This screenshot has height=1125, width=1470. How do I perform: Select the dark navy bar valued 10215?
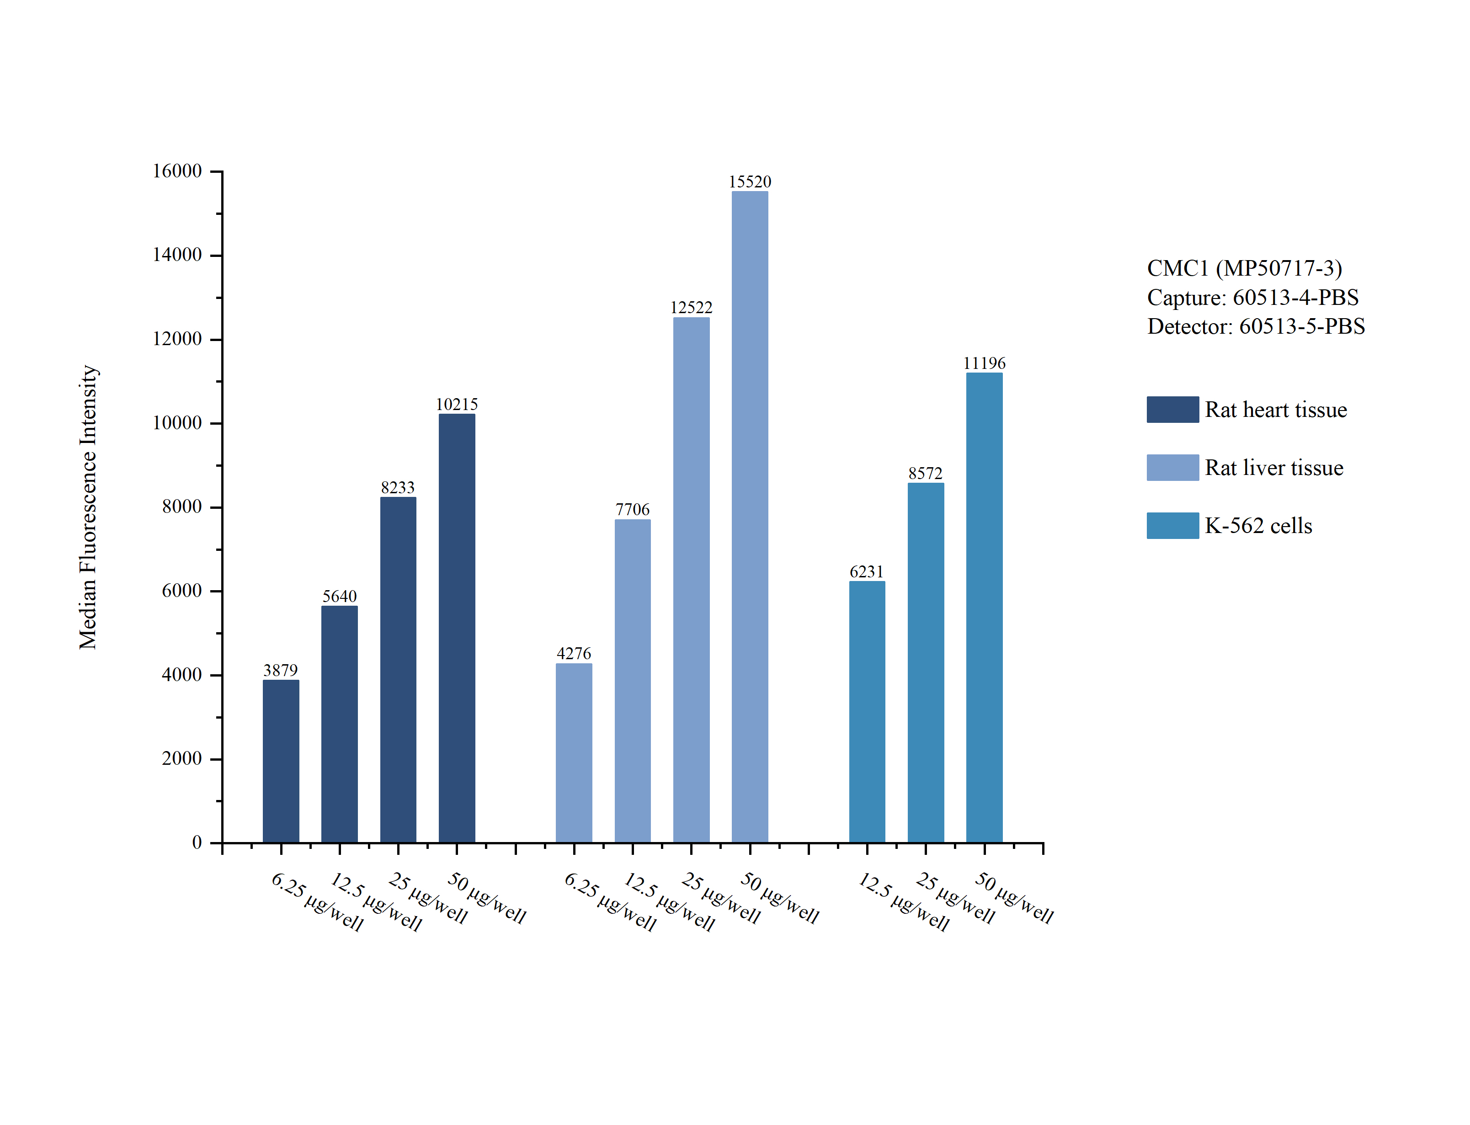pyautogui.click(x=457, y=628)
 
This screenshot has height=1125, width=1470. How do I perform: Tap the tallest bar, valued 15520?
pyautogui.click(x=750, y=517)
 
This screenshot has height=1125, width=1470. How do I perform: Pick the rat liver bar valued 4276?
pyautogui.click(x=574, y=753)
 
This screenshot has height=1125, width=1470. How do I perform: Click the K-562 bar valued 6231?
pyautogui.click(x=867, y=712)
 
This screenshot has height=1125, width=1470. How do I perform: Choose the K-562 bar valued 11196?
pyautogui.click(x=984, y=608)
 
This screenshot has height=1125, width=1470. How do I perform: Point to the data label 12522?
pyautogui.click(x=692, y=307)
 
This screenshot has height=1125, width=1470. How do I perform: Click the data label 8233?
pyautogui.click(x=398, y=487)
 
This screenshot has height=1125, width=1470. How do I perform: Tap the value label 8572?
pyautogui.click(x=925, y=474)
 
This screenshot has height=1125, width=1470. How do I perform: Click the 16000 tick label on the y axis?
pyautogui.click(x=177, y=171)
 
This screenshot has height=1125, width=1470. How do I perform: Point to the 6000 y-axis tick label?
pyautogui.click(x=181, y=591)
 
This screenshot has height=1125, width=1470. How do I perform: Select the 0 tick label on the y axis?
pyautogui.click(x=197, y=842)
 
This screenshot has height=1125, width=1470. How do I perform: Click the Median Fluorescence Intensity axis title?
pyautogui.click(x=88, y=507)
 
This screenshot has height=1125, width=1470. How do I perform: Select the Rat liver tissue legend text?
pyautogui.click(x=1274, y=467)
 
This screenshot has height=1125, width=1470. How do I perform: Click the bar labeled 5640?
pyautogui.click(x=339, y=724)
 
